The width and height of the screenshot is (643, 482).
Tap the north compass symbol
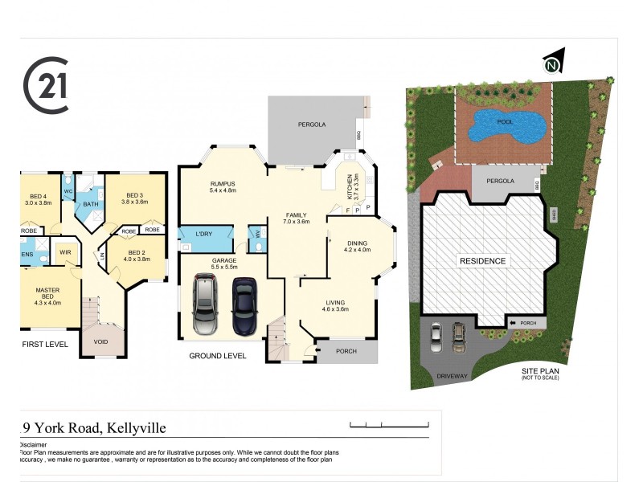[552, 65]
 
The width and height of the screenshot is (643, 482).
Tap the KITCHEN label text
[350, 186]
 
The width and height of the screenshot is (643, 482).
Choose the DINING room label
[356, 243]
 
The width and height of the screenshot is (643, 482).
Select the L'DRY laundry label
[204, 234]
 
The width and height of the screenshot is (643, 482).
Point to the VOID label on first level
[100, 341]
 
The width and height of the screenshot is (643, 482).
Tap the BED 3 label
[134, 196]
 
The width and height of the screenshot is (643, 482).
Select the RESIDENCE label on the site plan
[482, 261]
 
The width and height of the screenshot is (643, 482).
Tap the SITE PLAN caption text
[539, 370]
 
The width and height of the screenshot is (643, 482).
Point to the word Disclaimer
[32, 444]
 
